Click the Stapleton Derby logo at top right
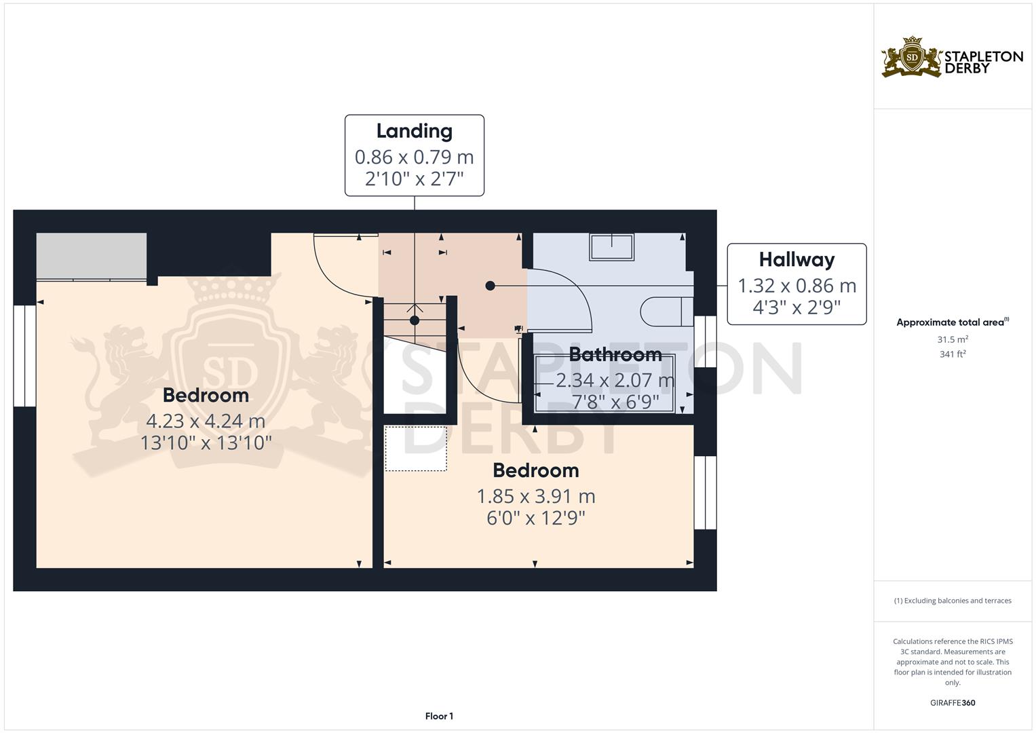pos(952,58)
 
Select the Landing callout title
pos(414,131)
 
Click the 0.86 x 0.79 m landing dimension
pos(414,157)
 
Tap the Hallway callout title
pos(797,259)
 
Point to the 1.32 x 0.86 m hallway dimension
pos(797,286)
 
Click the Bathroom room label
pos(615,354)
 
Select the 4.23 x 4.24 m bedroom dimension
pos(206,421)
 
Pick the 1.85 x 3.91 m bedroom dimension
pos(535,496)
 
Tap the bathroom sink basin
pos(611,246)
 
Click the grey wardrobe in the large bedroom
pos(91,256)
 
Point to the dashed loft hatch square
pos(415,449)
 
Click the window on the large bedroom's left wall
pos(25,356)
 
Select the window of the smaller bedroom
pos(705,492)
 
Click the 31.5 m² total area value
pos(953,339)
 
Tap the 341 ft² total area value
pos(953,354)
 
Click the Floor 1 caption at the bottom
pos(439,716)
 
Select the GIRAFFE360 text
pos(953,702)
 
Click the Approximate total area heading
pos(952,322)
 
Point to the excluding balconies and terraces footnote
pos(953,601)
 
